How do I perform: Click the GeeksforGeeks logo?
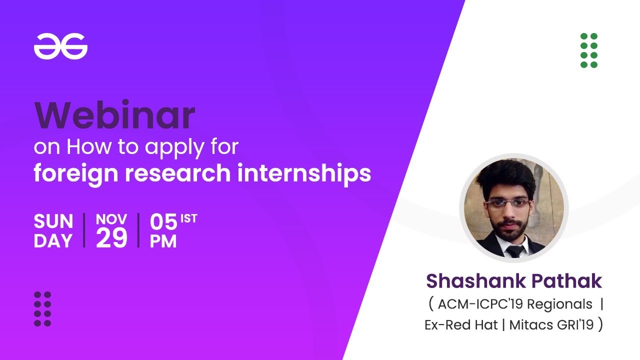pos(60,47)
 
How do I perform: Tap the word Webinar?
pos(114,115)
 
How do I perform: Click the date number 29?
pos(111,238)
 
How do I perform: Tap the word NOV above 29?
pos(111,219)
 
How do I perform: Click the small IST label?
pos(189,218)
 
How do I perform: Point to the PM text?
pos(163,241)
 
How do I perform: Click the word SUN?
pos(53,221)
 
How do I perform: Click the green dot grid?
pos(589,50)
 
